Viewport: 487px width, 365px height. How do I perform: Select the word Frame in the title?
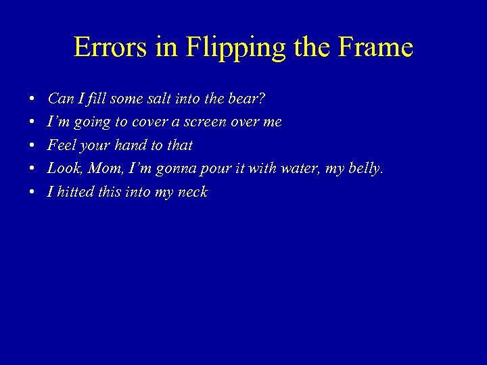(379, 47)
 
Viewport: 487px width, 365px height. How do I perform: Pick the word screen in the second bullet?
(204, 122)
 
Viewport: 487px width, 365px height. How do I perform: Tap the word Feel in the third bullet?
(59, 145)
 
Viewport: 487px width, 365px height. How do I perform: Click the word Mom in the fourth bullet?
(101, 168)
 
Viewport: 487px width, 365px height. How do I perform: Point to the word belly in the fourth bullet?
(365, 169)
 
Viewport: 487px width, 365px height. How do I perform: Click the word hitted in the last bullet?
(74, 192)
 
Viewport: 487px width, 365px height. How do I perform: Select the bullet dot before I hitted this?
(32, 193)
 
